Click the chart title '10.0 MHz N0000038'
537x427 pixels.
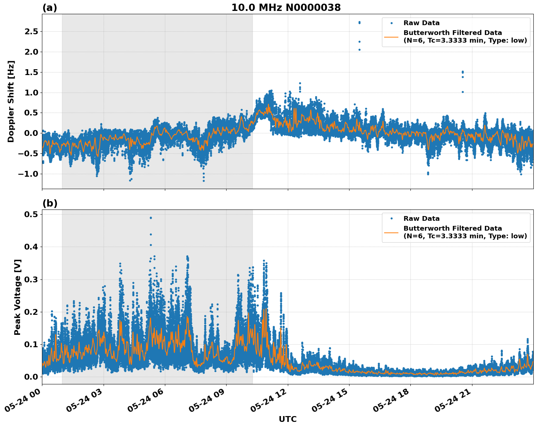coord(286,8)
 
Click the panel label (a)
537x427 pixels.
coord(50,8)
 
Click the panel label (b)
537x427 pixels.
coord(50,203)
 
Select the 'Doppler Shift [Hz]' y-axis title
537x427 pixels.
coord(11,101)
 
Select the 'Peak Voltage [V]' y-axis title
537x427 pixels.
coord(18,297)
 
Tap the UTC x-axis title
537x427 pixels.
coord(287,419)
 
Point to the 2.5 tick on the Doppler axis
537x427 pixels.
coord(31,32)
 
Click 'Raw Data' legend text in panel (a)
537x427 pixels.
coord(421,23)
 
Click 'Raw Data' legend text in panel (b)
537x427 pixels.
coord(421,219)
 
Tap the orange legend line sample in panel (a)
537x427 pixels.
coord(391,37)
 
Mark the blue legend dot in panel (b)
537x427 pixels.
coord(391,219)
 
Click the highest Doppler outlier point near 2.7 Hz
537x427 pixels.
coord(359,22)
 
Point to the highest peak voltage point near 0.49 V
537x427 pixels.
coord(151,218)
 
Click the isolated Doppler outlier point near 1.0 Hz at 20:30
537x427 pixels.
coord(463,92)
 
